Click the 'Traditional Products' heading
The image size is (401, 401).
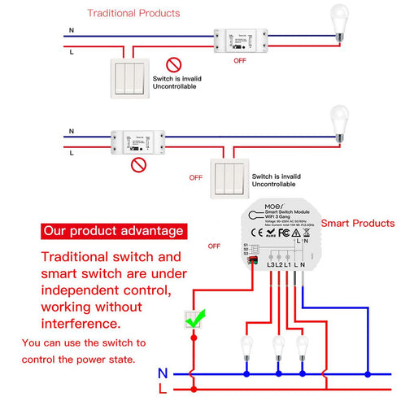pos(133,14)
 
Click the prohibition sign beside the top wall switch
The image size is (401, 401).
pos(172,63)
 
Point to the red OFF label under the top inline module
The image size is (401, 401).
pos(240,60)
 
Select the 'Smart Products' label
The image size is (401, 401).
pos(358,223)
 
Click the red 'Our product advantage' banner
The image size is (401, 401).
pos(114,232)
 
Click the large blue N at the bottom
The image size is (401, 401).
pos(163,373)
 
